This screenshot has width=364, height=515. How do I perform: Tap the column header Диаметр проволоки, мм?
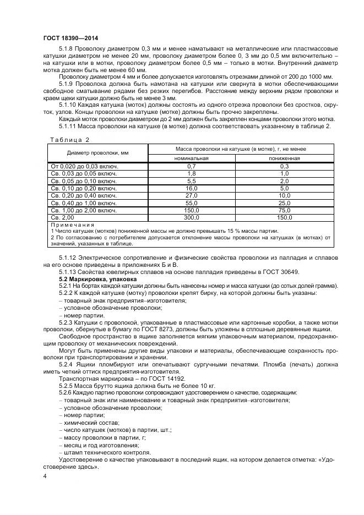pyautogui.click(x=97, y=153)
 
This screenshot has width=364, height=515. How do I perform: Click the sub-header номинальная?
pyautogui.click(x=192, y=158)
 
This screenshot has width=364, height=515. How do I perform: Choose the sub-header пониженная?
pyautogui.click(x=284, y=158)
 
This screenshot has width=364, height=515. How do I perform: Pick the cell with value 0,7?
pyautogui.click(x=192, y=166)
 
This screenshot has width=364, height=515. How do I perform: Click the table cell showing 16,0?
pyautogui.click(x=192, y=188)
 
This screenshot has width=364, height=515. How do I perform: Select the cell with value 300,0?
pyautogui.click(x=192, y=217)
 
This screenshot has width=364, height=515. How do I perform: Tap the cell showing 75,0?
pyautogui.click(x=284, y=210)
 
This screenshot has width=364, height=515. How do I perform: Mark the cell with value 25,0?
pyautogui.click(x=284, y=202)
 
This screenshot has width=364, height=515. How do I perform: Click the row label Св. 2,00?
pyautogui.click(x=63, y=217)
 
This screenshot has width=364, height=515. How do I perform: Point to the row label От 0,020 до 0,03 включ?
pyautogui.click(x=84, y=166)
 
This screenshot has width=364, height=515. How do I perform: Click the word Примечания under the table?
pyautogui.click(x=72, y=225)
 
